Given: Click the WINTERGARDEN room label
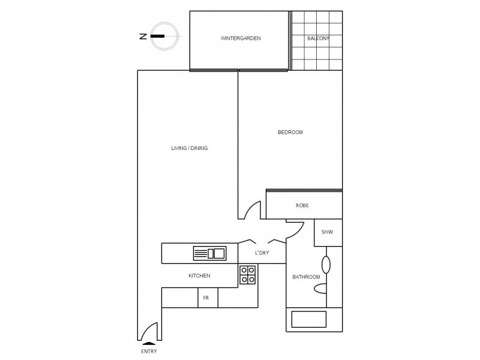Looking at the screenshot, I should pos(241,38).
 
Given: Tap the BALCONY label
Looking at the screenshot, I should pos(318,38).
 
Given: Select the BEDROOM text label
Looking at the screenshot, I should pos(290,133).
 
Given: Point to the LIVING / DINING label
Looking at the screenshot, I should pos(190,148).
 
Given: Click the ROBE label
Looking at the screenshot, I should pos(302,206).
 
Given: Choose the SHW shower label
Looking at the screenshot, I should pos(327,232).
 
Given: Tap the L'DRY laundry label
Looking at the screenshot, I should pos(262,253).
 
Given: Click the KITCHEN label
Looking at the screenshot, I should pos(199,276).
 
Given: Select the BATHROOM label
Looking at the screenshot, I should pos(305,277).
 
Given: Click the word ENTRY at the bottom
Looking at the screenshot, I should pos(148,352).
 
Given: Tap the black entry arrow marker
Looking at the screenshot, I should pos(148,343).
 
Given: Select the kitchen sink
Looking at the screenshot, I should pos(209,254).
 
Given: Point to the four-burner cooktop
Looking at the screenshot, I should pos(248,275).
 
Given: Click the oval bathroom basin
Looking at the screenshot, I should pos(326,265).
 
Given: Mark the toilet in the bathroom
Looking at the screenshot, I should pos(322,289).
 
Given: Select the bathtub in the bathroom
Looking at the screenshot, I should pos(308,319).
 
